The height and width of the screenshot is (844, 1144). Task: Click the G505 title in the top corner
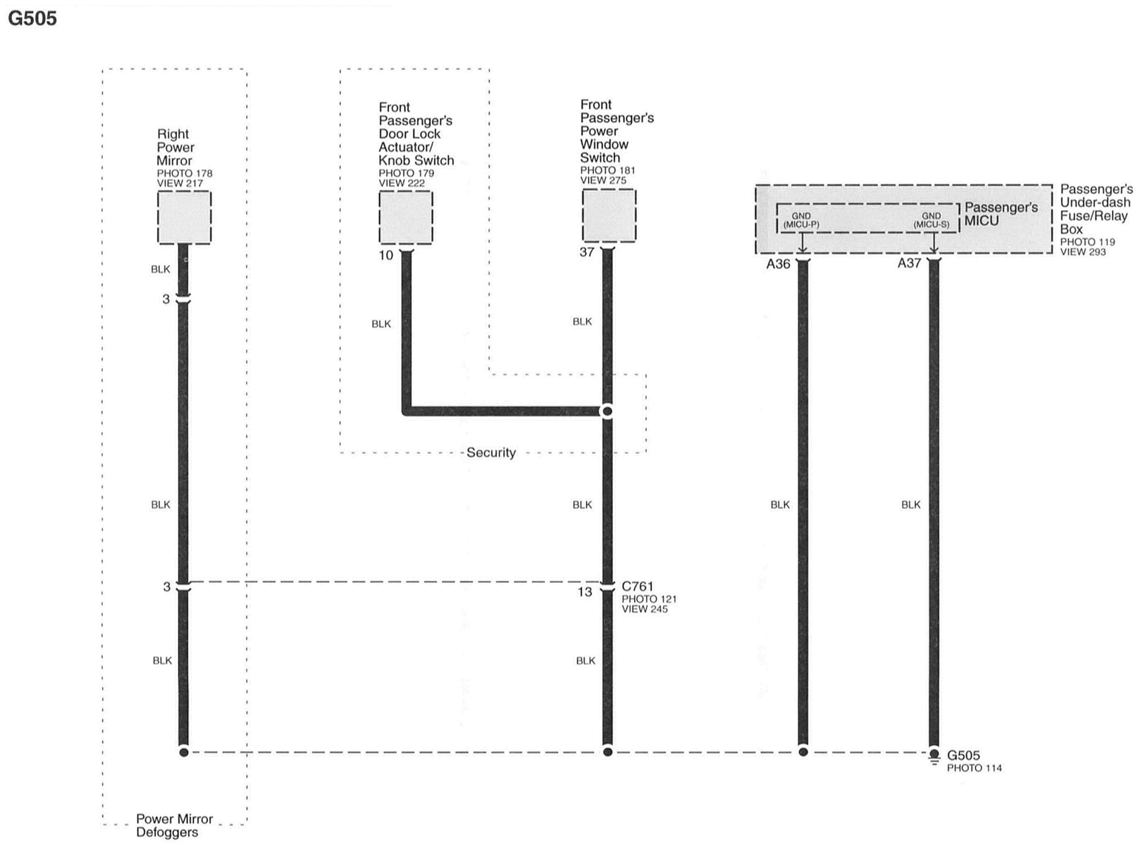tap(32, 19)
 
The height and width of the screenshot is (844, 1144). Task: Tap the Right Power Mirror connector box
tap(184, 217)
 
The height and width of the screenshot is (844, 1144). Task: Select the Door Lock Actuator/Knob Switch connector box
tap(406, 217)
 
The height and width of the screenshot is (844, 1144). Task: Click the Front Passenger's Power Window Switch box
tap(609, 215)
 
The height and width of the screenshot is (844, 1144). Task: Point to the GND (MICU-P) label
tap(801, 220)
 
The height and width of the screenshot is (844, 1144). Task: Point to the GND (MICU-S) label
tap(931, 220)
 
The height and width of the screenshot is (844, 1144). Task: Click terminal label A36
tap(778, 264)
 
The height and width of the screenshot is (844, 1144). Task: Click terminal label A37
tap(909, 264)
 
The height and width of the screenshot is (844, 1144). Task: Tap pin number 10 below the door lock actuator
tap(386, 256)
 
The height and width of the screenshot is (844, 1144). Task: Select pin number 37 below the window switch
tap(587, 252)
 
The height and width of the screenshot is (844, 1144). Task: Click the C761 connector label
tap(637, 587)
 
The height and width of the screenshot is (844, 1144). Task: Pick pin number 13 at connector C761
tap(585, 592)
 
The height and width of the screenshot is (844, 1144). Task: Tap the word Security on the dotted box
tap(491, 453)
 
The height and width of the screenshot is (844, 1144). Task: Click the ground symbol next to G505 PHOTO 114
tap(934, 757)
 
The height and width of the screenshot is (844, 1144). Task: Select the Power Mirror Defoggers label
tap(174, 826)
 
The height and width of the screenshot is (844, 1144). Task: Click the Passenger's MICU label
tap(1000, 214)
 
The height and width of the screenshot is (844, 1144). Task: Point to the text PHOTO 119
tap(1087, 242)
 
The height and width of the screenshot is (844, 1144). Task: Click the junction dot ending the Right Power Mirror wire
tap(184, 752)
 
